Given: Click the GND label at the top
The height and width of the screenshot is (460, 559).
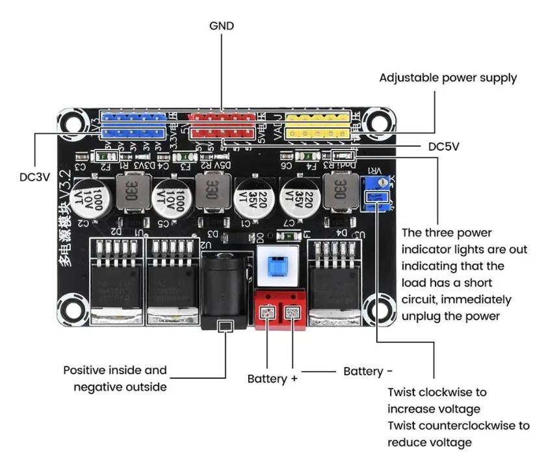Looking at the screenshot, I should [222, 26].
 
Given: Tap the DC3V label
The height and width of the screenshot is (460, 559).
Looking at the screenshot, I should [34, 176].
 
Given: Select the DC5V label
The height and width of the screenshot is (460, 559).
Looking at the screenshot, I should [444, 146].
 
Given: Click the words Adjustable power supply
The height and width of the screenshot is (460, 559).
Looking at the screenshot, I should [448, 78].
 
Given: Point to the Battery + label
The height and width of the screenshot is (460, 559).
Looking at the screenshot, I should [272, 379].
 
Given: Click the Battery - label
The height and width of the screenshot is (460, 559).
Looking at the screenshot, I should [368, 371].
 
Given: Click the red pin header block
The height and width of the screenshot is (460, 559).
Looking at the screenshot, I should [221, 125].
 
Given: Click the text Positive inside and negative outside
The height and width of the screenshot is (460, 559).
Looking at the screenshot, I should [115, 379].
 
